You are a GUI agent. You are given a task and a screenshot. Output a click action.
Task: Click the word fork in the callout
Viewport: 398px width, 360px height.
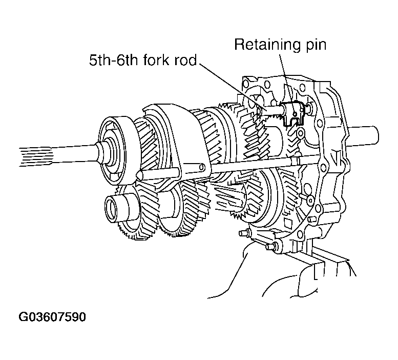[153, 62]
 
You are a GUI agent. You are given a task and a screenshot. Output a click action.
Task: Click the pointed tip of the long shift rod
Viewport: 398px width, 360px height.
[137, 175]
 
